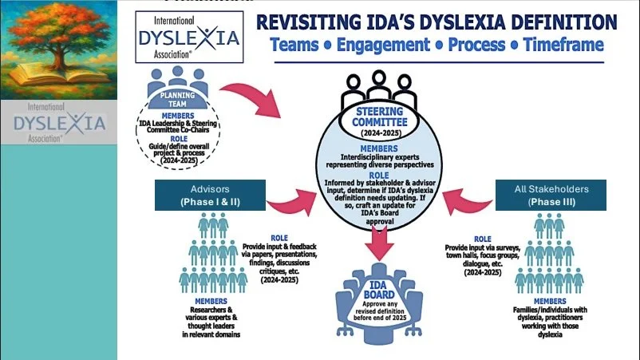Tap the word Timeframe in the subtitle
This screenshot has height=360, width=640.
[563, 45]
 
